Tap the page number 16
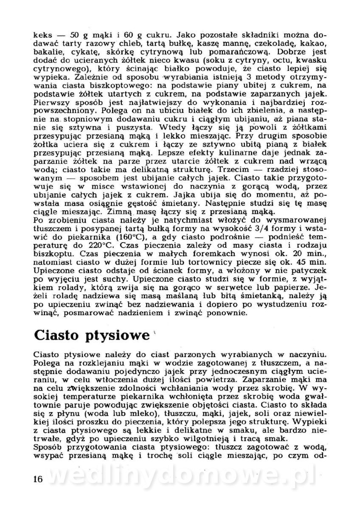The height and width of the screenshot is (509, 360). coord(37,479)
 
